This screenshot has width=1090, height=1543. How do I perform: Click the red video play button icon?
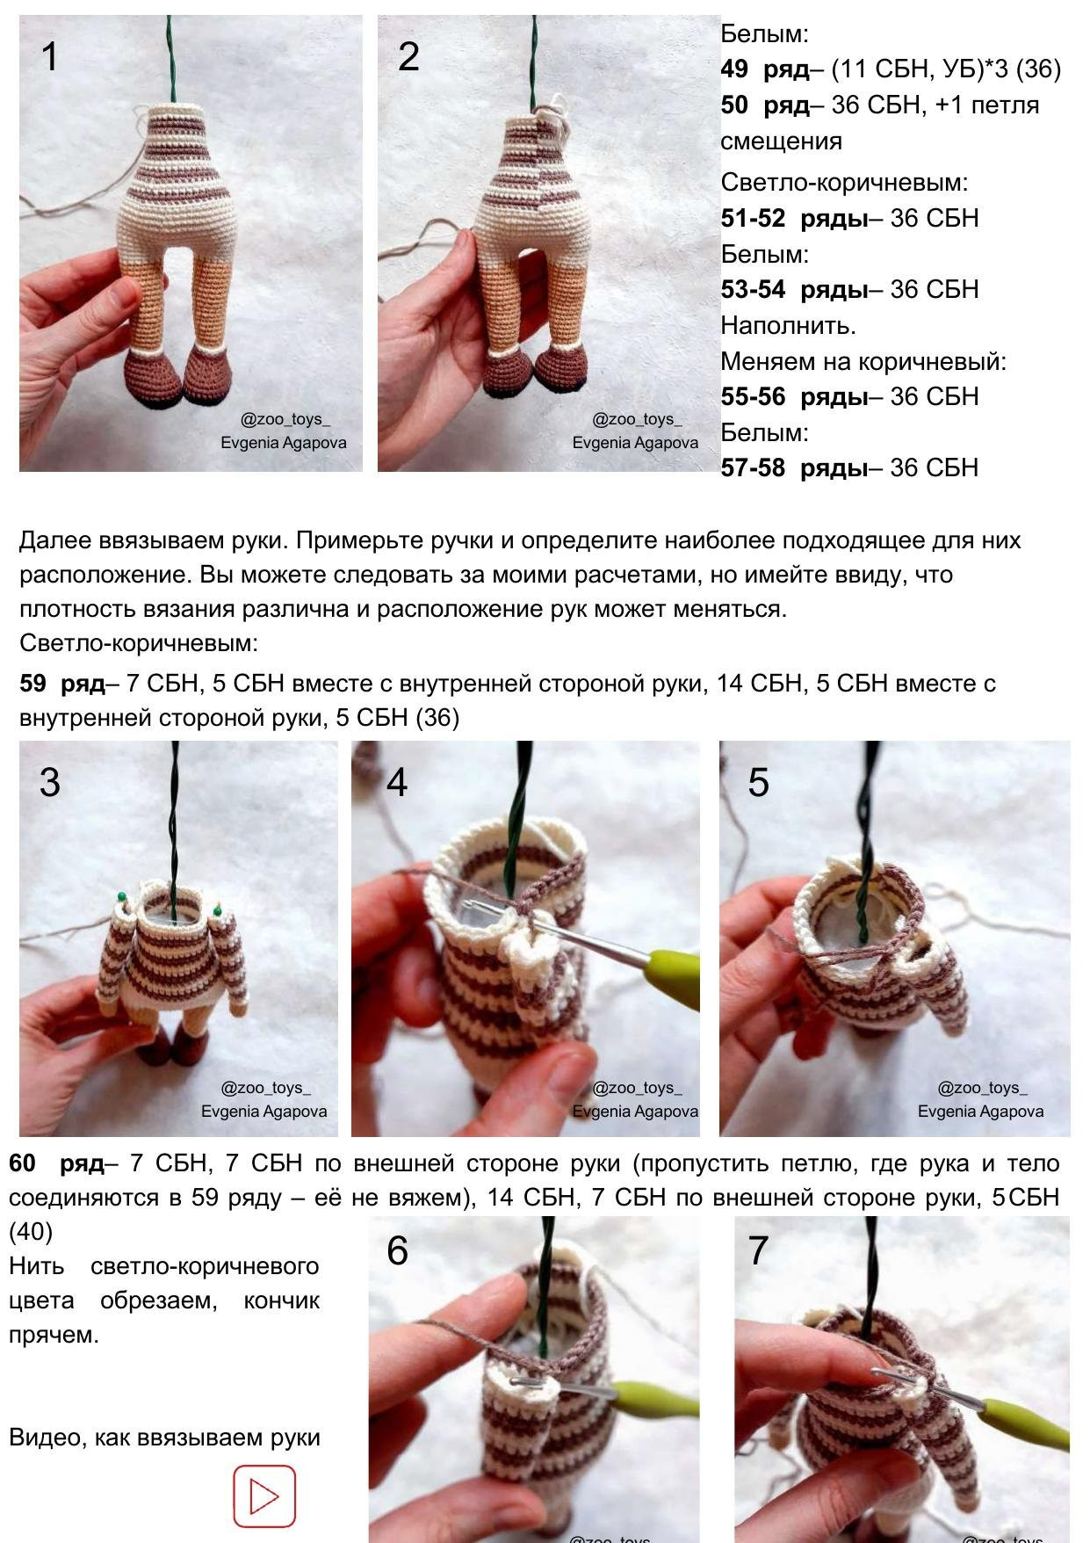[264, 1496]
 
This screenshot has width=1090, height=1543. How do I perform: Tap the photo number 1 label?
[50, 57]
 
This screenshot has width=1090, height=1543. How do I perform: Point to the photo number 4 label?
[397, 782]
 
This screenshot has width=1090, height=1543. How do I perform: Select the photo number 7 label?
[758, 1250]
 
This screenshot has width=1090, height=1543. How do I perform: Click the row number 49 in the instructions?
[734, 69]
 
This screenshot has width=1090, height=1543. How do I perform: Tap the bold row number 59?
[32, 683]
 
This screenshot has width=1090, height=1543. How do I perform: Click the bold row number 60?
[22, 1163]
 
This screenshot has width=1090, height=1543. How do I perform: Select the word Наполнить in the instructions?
[788, 326]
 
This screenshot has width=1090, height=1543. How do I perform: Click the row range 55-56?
[753, 396]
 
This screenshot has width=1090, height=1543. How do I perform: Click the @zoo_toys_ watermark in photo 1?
[285, 419]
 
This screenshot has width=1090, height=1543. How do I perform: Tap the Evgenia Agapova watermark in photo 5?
[980, 1112]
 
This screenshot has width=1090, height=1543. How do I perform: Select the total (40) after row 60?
[31, 1232]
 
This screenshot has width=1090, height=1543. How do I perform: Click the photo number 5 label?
[758, 782]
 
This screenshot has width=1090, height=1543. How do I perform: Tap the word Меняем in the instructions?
[763, 361]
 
